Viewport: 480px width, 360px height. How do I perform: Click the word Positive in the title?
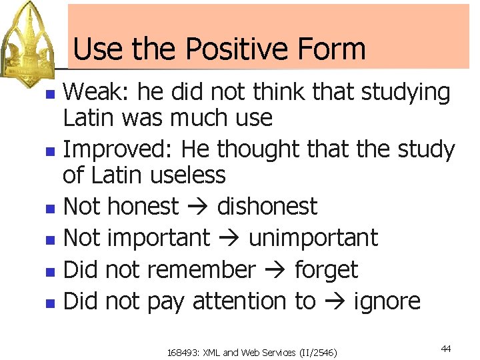[x=232, y=49]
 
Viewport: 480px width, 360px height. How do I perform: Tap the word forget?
[x=326, y=270]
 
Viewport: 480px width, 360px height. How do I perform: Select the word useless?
[x=188, y=175]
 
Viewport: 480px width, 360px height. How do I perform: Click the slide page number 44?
[x=445, y=349]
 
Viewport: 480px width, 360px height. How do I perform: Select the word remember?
[x=201, y=270]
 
